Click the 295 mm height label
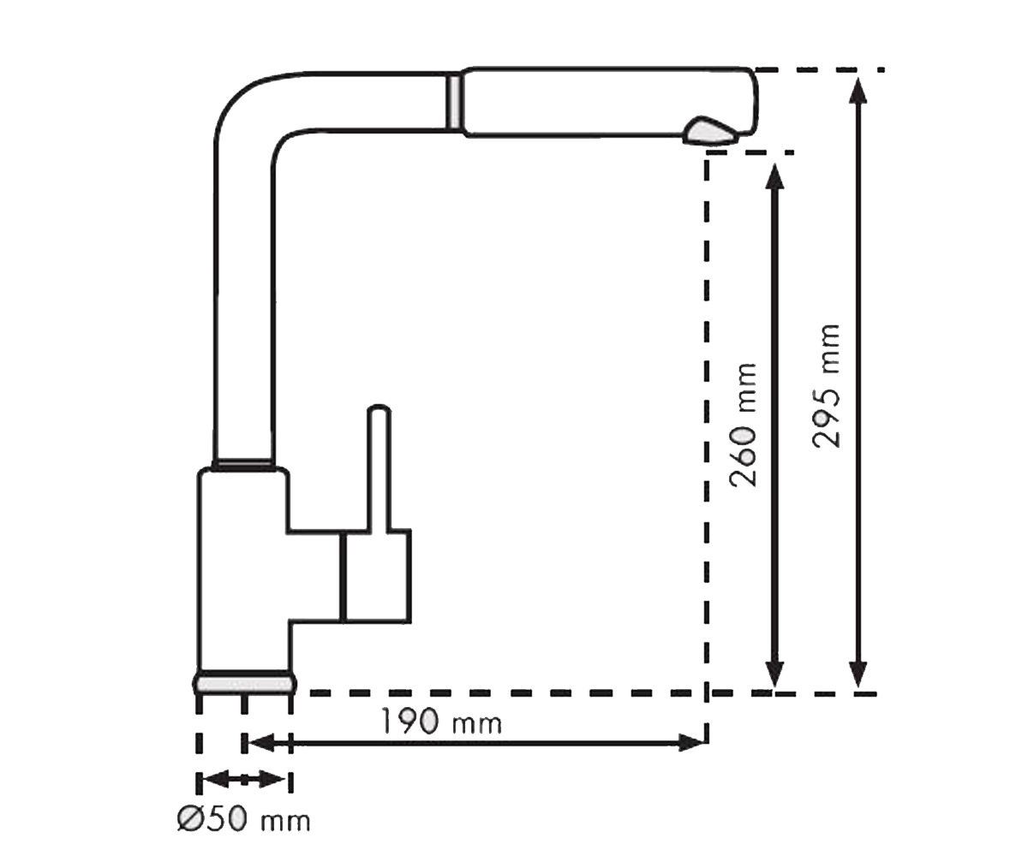click(826, 386)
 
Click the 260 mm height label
click(743, 425)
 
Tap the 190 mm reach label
click(441, 722)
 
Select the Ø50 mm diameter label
click(243, 820)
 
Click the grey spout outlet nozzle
click(710, 131)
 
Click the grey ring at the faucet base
click(244, 683)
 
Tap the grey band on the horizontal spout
click(453, 101)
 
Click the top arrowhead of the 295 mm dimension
click(858, 90)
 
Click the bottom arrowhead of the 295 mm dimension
click(858, 674)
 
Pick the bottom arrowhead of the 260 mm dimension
click(775, 674)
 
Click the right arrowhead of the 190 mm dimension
click(693, 743)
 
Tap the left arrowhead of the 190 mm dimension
click(261, 743)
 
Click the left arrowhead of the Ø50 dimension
click(216, 779)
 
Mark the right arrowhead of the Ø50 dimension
click(272, 779)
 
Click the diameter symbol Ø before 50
click(190, 820)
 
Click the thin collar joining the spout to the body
click(243, 463)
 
